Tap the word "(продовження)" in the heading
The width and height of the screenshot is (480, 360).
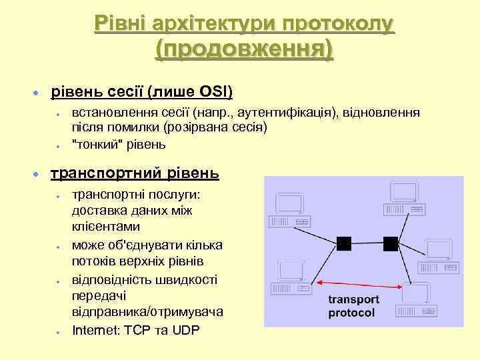pos(244,49)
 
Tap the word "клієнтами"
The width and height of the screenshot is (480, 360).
pos(102,227)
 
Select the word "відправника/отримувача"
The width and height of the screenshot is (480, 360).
pos(147,311)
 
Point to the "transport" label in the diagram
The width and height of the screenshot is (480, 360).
pos(353,299)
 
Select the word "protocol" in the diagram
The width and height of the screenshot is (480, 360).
pos(351,313)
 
